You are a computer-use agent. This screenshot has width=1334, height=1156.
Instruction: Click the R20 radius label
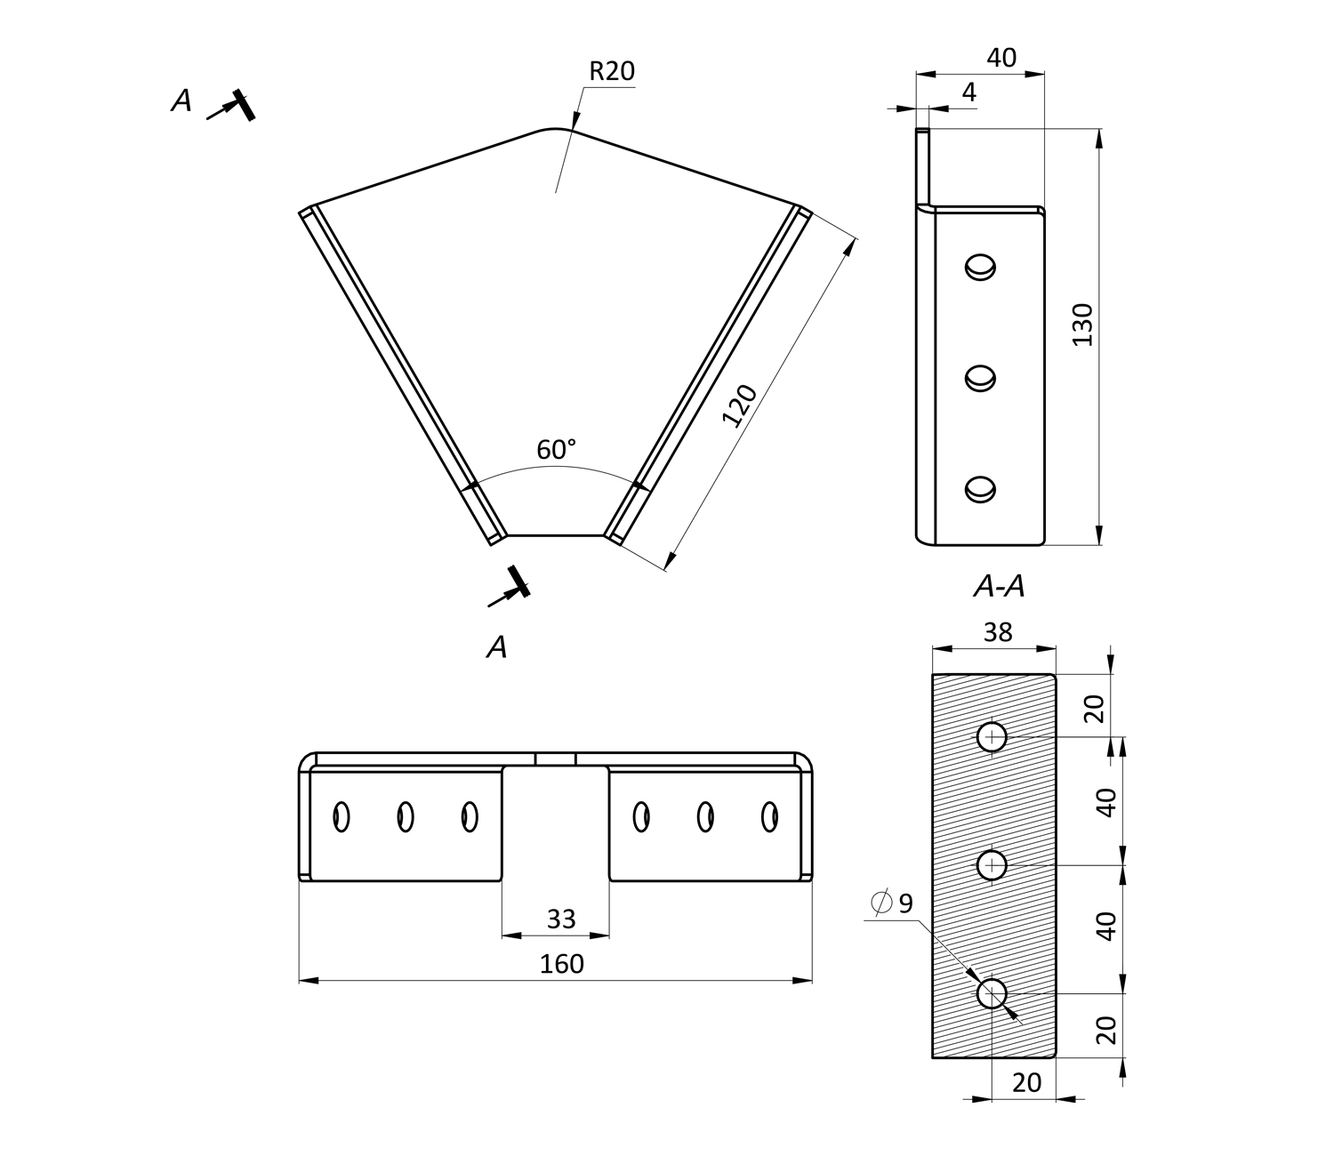[x=612, y=71]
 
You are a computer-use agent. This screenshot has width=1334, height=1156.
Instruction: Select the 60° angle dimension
[x=556, y=450]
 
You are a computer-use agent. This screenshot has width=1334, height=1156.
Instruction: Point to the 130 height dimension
[x=1082, y=325]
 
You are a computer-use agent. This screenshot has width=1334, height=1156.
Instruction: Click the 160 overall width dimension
[x=562, y=964]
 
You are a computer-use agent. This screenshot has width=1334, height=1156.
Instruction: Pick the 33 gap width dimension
[x=561, y=919]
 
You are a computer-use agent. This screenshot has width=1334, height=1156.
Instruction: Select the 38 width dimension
[x=998, y=631]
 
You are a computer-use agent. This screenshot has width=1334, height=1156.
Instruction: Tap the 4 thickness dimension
[x=968, y=92]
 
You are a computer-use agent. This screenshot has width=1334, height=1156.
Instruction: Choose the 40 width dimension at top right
[x=1001, y=58]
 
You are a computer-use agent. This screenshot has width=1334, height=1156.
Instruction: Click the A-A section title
[x=999, y=586]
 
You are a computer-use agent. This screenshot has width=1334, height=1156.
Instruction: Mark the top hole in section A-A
[x=992, y=736]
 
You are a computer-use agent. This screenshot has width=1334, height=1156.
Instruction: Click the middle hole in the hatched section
[x=992, y=864]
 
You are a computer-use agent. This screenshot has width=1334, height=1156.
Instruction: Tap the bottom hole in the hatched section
[x=992, y=993]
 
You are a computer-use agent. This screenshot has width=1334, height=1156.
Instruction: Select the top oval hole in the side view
[x=980, y=267]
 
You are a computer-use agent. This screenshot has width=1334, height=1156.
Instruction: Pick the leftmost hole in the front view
[x=341, y=816]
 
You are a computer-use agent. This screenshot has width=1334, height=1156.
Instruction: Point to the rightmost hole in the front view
[x=770, y=816]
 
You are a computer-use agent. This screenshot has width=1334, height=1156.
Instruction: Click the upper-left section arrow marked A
[x=233, y=106]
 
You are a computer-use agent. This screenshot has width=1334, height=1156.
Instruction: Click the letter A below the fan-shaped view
[x=497, y=647]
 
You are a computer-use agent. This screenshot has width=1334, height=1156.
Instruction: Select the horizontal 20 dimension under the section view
[x=1026, y=1082]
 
